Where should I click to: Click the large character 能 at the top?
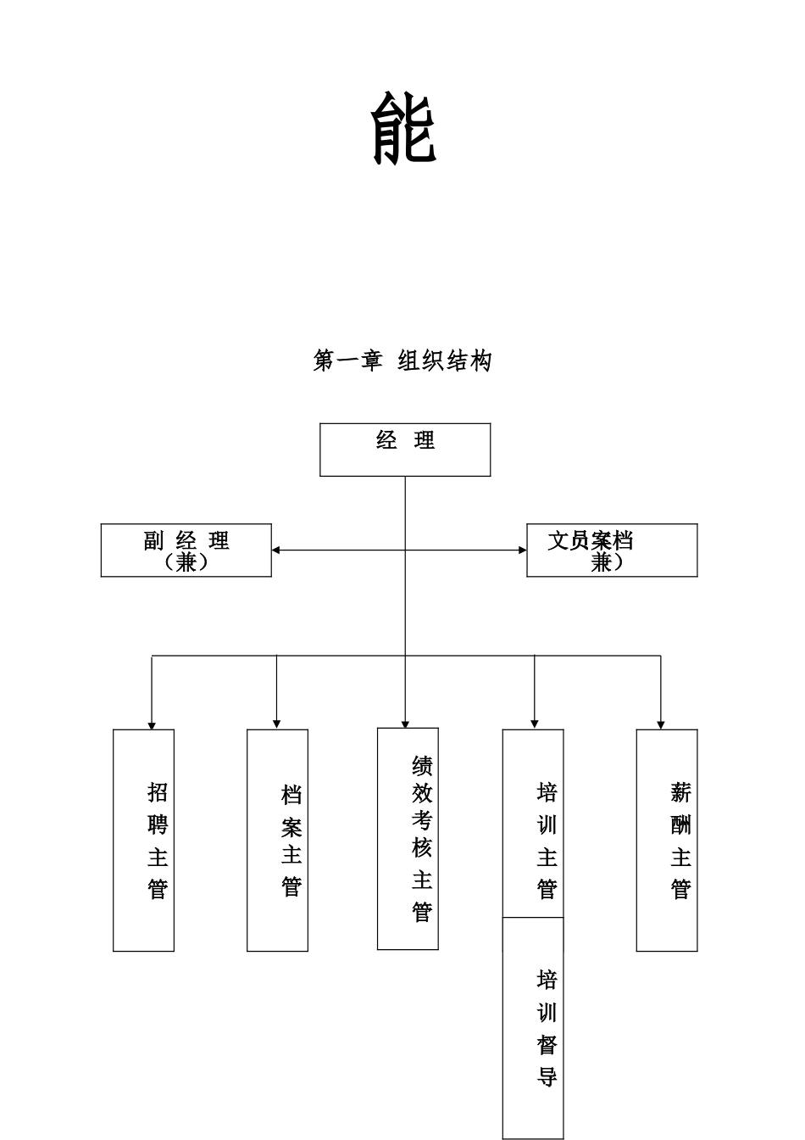404,128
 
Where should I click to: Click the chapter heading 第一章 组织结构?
402,361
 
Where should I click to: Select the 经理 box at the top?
405,450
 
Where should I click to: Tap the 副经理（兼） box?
186,550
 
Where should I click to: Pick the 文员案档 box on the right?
612,550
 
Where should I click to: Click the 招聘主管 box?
144,840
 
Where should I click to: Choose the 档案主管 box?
277,840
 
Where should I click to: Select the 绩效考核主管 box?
408,838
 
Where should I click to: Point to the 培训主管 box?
533,823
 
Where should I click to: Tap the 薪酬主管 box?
667,840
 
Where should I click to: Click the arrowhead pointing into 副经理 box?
276,550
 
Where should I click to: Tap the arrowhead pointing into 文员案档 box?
522,550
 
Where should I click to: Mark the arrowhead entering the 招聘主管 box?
152,724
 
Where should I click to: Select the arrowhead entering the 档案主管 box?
276,724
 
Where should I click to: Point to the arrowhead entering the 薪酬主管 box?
661,724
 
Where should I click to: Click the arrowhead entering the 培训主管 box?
534,724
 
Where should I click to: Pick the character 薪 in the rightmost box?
681,793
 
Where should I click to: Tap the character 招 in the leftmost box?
158,792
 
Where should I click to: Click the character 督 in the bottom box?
547,1045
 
